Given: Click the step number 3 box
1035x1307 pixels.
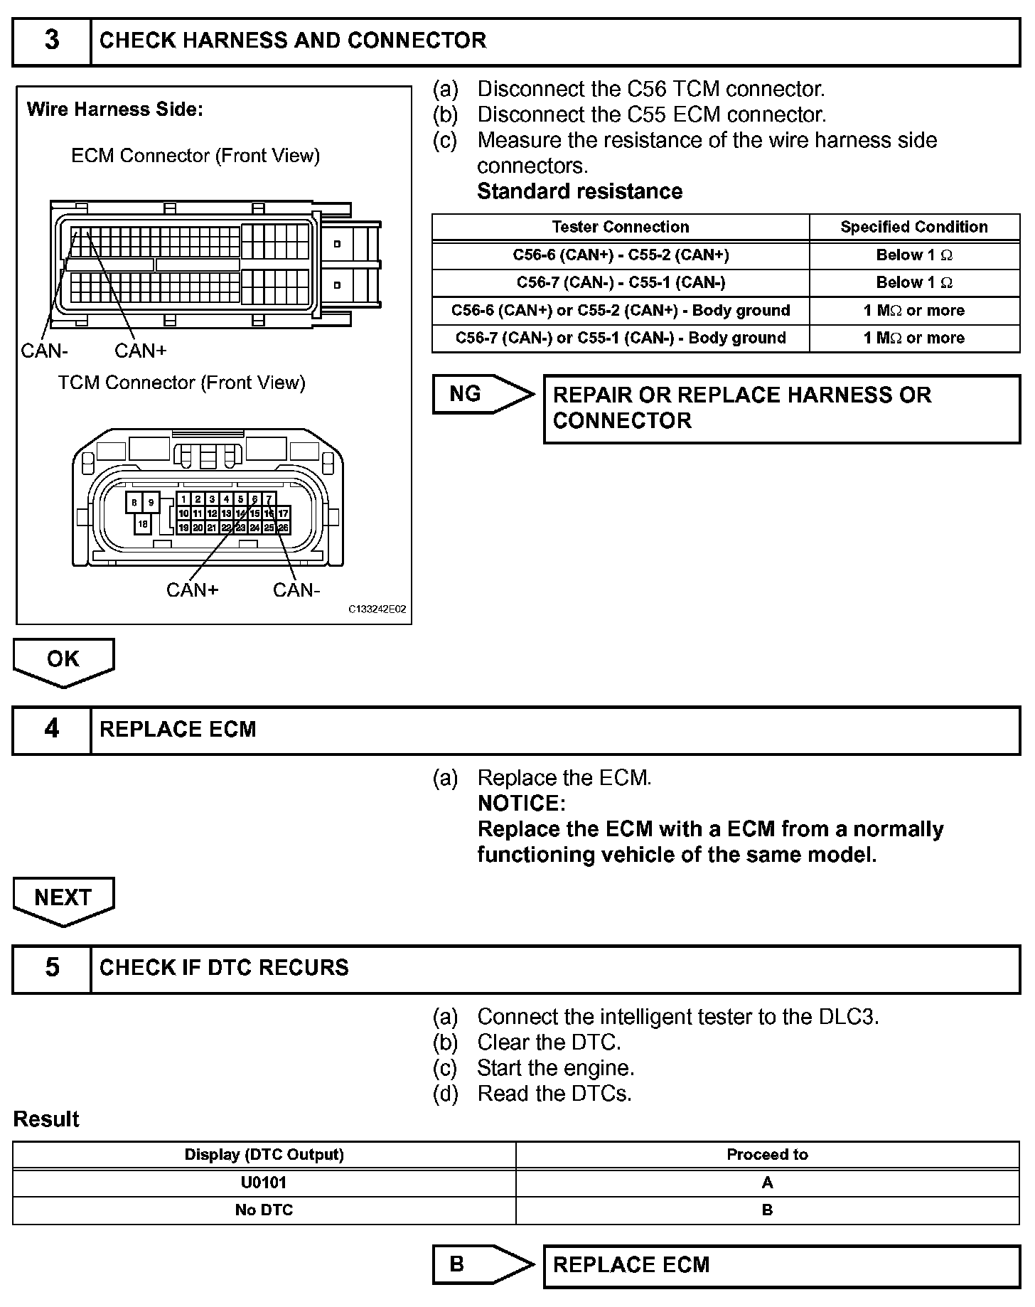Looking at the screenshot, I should coord(52,41).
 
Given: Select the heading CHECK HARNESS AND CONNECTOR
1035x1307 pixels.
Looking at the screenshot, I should coord(293,41).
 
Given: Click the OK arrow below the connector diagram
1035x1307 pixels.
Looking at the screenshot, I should coord(63,660).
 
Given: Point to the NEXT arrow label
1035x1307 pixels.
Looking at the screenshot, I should coord(63,898).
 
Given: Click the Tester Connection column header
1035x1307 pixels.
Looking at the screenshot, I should coord(620,227).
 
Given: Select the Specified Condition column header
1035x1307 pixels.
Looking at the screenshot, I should coord(913,227).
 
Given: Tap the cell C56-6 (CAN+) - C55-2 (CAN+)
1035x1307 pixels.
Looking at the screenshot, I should coord(620,255).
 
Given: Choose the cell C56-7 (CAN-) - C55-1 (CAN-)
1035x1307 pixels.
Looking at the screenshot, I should coord(620,282).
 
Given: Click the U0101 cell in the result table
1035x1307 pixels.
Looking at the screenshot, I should coord(264,1183).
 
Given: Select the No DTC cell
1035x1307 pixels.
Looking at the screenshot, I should coord(264,1210).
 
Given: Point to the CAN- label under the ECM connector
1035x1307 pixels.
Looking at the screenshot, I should coord(45,351).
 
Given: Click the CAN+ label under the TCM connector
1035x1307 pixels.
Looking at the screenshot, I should coord(192,590).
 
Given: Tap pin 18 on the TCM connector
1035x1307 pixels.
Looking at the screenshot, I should coord(143,524).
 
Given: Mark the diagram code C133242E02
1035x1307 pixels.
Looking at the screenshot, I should coord(377,609).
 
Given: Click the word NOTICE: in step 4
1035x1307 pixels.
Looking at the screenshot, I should coord(521,804).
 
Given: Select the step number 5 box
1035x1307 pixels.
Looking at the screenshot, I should coord(52,968).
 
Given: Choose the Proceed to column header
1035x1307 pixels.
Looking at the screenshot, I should coord(767,1155).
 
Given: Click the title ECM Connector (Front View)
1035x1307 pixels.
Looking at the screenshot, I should coord(195,156).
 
